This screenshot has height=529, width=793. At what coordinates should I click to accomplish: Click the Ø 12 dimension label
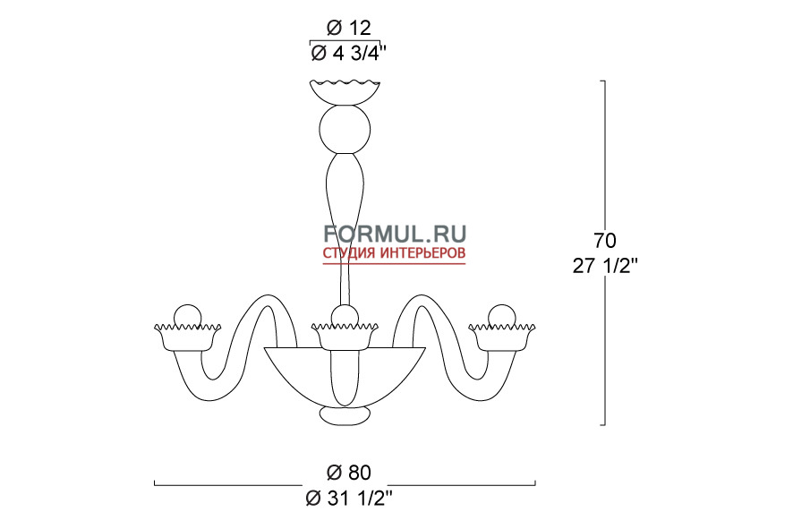(348, 28)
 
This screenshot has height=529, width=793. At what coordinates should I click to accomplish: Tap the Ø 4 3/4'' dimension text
(348, 53)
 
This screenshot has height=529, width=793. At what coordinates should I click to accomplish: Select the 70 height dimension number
(605, 241)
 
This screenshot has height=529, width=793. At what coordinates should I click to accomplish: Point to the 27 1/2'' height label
(605, 266)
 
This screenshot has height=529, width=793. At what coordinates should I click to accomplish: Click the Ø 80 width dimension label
(348, 473)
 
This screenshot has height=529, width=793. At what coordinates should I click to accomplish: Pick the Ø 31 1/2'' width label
(349, 499)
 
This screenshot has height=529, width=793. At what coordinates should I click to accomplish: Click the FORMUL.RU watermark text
(395, 235)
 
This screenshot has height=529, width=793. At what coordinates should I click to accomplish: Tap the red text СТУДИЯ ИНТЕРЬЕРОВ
(395, 253)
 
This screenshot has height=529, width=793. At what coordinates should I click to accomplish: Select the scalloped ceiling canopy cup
(345, 92)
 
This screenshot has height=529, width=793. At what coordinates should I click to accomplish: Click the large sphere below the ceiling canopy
(345, 129)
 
